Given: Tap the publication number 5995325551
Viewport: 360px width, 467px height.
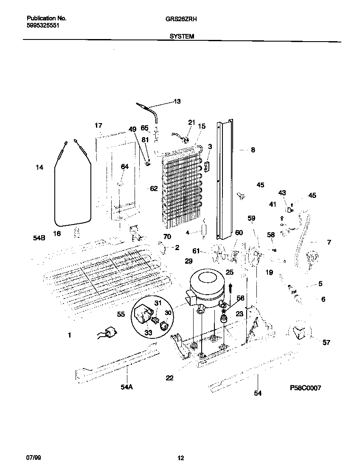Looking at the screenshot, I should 43,25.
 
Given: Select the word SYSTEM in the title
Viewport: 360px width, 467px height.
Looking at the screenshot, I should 182,37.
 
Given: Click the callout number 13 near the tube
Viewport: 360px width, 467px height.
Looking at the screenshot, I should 177,101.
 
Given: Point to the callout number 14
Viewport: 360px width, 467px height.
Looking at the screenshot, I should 39,168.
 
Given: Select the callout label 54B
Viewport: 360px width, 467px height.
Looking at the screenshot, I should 39,239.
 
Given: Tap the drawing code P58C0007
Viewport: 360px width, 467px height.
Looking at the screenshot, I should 305,388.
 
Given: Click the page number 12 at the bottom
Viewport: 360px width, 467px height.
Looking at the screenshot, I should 180,458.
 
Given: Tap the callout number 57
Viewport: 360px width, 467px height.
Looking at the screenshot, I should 326,342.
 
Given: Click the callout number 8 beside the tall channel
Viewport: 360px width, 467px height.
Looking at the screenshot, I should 253,150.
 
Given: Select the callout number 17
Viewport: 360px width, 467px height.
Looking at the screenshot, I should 98,126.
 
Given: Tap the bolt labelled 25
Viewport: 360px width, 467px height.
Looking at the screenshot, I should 230,287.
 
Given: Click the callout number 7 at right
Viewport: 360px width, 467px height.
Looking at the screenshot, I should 329,242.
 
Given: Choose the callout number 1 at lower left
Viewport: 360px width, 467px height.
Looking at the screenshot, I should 69,335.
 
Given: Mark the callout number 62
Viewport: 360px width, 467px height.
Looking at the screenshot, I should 153,188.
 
